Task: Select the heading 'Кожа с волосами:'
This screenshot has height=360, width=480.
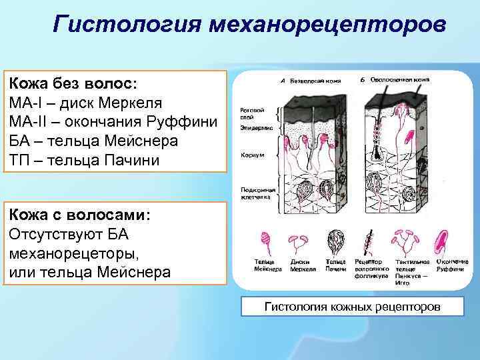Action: tap(79, 216)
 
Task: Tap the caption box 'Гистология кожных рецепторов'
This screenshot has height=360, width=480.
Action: tap(353, 307)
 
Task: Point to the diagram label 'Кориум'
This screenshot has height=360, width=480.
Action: tap(248, 156)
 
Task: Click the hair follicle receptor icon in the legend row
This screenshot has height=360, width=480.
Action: tap(368, 241)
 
